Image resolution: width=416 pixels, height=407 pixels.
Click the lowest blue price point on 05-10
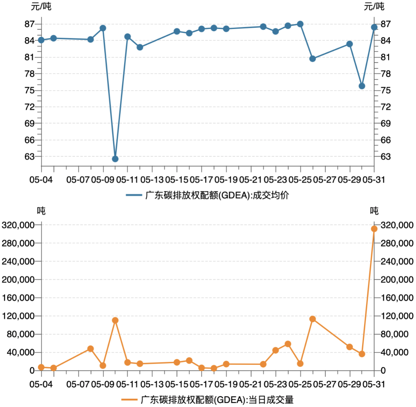point(115,159)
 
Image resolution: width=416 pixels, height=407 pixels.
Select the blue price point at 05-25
point(300,24)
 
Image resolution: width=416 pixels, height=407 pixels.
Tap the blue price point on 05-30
point(362,86)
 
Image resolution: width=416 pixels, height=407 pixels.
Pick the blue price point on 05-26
point(313,59)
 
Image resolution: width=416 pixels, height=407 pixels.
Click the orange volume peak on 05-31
point(374,229)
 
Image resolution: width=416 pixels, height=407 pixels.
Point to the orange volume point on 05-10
point(115,320)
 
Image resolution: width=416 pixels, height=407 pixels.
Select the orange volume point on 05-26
point(313,319)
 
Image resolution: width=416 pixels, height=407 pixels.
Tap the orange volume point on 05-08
point(91,349)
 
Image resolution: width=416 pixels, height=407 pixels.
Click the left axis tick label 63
point(30,157)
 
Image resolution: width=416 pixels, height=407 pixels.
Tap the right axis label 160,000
point(397,298)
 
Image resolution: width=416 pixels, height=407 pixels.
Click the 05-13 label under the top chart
point(152,180)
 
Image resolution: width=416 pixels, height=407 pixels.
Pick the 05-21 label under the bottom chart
point(251,384)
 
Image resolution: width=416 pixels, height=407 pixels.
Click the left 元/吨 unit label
point(41,7)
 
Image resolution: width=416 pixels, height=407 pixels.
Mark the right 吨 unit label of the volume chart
point(374,211)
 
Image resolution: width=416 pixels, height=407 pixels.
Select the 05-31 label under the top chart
point(374,180)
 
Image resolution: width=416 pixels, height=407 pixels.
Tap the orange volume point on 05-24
point(288,344)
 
